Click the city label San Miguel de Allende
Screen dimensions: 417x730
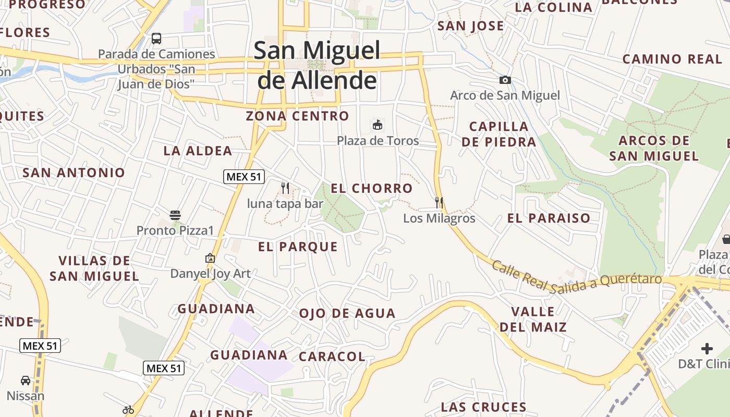tap(317, 65)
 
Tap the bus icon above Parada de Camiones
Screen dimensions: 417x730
tap(156, 38)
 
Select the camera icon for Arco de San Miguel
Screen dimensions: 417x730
tap(505, 80)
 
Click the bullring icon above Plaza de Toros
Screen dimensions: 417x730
tap(378, 125)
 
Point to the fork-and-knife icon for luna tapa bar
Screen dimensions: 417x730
tap(285, 188)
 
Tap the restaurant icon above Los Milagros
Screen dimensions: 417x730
tap(439, 202)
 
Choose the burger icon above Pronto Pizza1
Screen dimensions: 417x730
tap(175, 215)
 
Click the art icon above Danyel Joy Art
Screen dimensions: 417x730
tap(210, 258)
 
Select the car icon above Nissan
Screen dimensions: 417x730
tap(26, 381)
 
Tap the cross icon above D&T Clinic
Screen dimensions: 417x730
tap(707, 348)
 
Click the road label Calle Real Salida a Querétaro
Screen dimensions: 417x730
tap(576, 279)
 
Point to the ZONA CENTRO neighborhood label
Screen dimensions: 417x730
tap(297, 116)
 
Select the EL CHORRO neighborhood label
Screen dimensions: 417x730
tap(372, 188)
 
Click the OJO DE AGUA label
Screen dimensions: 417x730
tap(347, 313)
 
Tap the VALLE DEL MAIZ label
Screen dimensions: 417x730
tap(533, 320)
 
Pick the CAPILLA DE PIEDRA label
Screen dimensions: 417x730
tap(498, 134)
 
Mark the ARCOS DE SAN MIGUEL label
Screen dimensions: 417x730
tap(654, 148)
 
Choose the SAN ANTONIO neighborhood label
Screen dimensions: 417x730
tap(74, 173)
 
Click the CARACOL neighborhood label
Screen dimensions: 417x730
tap(332, 357)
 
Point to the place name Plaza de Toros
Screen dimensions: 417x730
tap(378, 141)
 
